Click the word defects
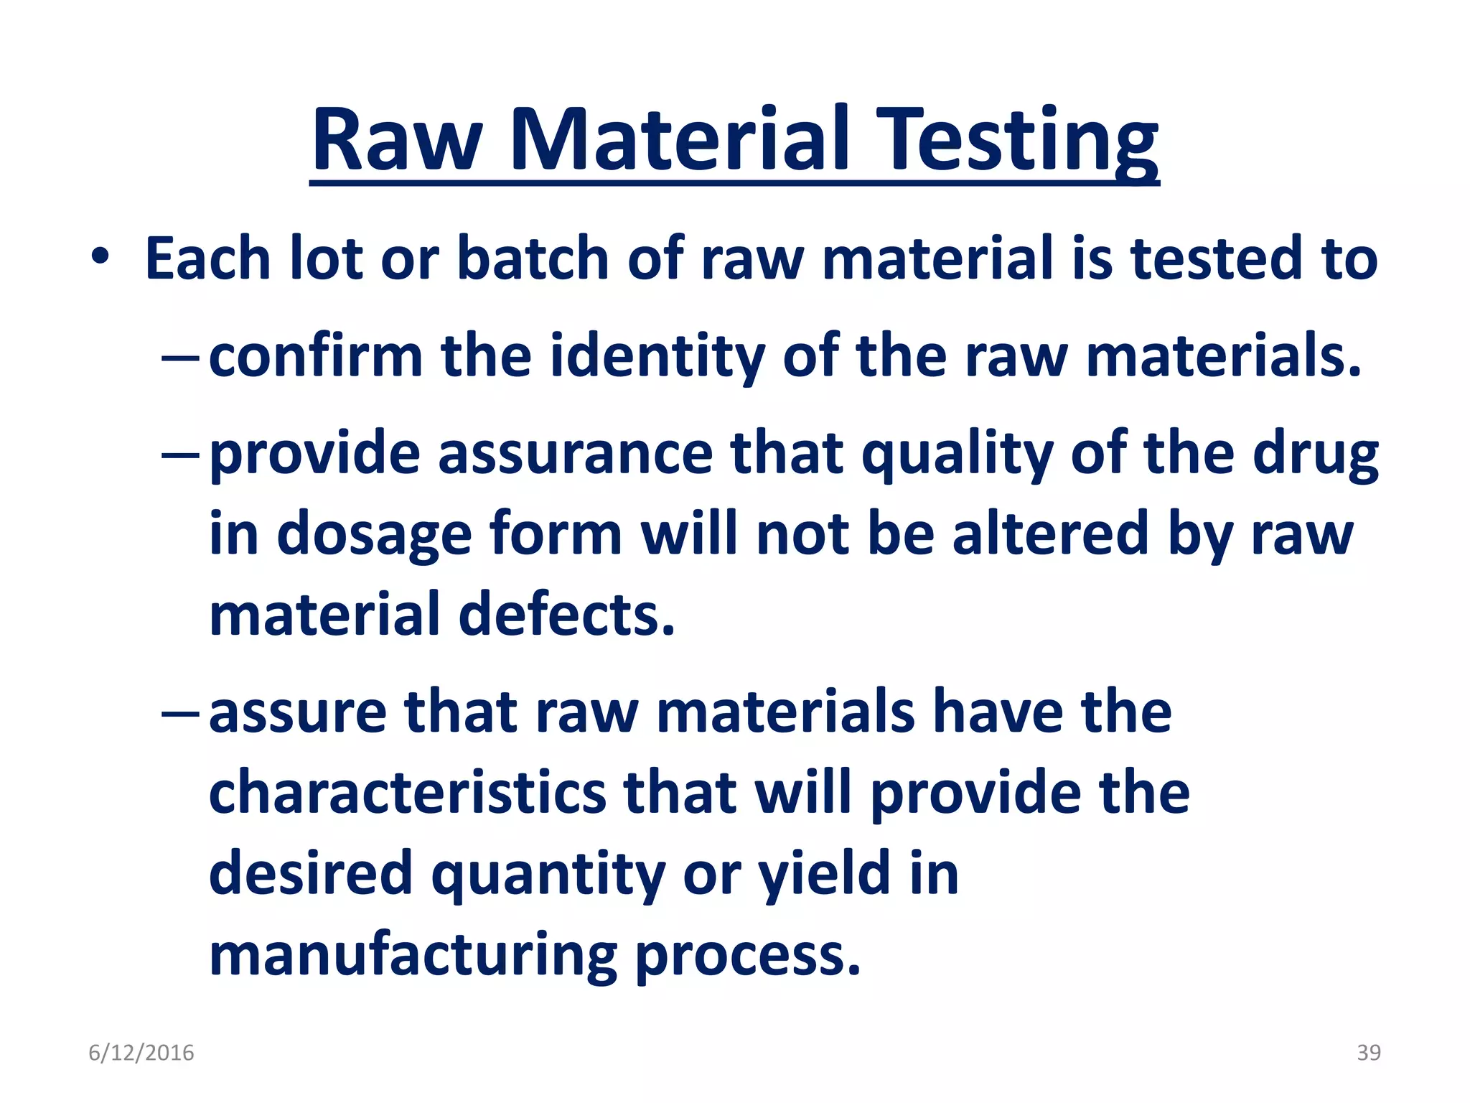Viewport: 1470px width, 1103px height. (x=567, y=615)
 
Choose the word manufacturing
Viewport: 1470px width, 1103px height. (x=413, y=956)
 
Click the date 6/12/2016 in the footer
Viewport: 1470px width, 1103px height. (x=141, y=1053)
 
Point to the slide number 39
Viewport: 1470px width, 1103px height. (x=1368, y=1053)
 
